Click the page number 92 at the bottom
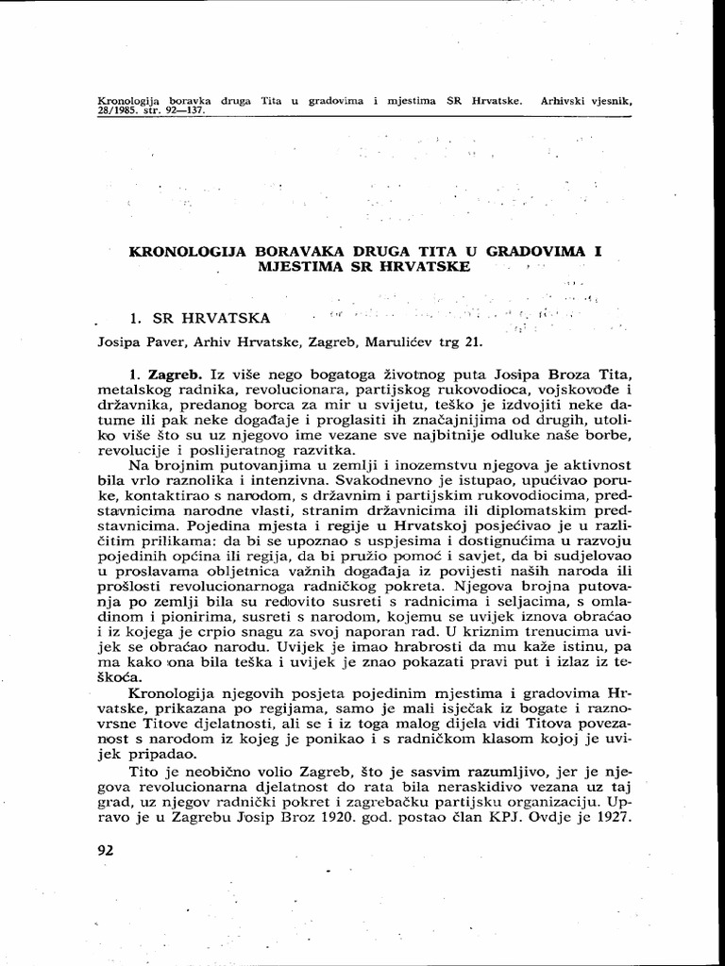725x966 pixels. [x=105, y=850]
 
